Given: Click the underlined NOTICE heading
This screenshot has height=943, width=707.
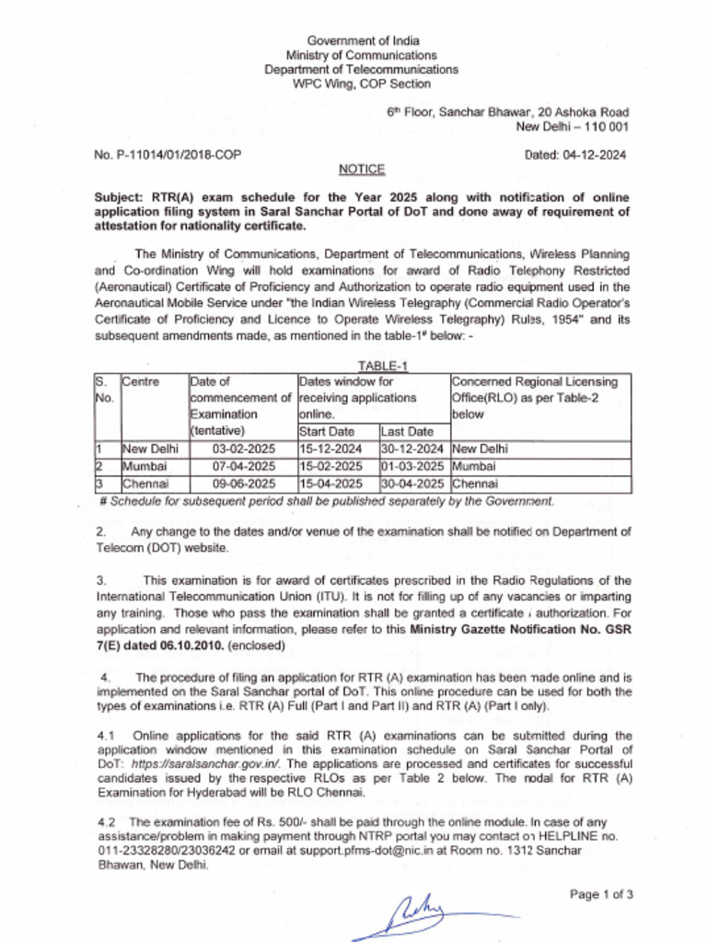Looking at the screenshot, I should (361, 169).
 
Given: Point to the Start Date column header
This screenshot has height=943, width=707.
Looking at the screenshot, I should (327, 431).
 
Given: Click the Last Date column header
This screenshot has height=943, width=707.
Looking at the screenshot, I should (406, 431).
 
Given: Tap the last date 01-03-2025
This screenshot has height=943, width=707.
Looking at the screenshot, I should (412, 466).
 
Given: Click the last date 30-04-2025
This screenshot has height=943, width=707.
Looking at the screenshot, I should (412, 483).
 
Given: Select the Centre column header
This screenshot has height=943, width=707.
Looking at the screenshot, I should (142, 381).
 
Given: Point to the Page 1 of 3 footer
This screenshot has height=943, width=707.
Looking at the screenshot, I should (601, 893).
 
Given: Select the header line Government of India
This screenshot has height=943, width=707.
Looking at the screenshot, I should (363, 41).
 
